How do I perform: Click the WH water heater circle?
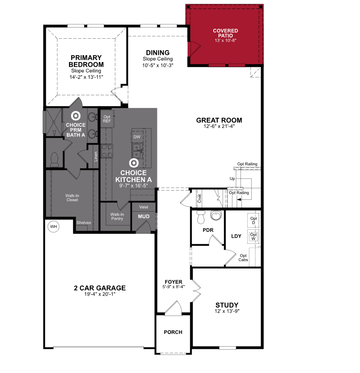pos(54,226)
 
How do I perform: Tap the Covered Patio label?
pos(226,33)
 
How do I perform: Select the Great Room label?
pos(219,120)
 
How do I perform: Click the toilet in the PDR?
pos(201,217)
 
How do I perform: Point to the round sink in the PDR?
pos(216,216)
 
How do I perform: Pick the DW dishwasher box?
pos(137,137)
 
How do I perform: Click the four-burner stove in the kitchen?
pos(107,151)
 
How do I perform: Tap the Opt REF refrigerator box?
pos(107,119)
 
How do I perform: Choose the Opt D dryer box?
pos(253,220)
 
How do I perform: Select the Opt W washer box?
pos(253,236)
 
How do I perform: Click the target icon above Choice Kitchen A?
pos(134,163)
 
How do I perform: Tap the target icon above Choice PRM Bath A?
pos(76,116)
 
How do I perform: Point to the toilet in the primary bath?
pos(54,159)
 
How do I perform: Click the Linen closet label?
pos(96,157)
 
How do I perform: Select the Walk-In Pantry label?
pos(117,216)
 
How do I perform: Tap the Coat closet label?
pos(200,198)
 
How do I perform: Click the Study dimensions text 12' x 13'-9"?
pos(227,311)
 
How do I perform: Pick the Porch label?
pos(173,332)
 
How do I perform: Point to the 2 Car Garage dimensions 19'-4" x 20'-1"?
pos(100,294)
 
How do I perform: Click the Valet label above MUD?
pos(144,207)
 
